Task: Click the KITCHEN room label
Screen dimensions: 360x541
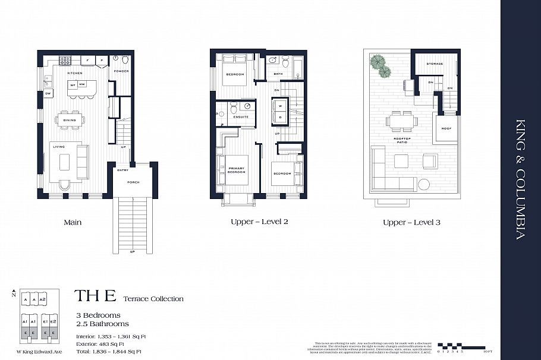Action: click(x=74, y=73)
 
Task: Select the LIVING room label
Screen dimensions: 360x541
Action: click(x=58, y=146)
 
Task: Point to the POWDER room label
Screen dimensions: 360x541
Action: click(x=121, y=71)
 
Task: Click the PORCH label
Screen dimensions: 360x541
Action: click(x=134, y=182)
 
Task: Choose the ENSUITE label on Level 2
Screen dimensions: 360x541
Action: click(x=241, y=116)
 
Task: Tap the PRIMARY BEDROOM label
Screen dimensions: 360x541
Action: click(x=237, y=170)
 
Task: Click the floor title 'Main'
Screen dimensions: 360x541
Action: click(x=72, y=222)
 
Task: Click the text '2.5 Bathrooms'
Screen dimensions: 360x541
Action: click(x=102, y=324)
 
